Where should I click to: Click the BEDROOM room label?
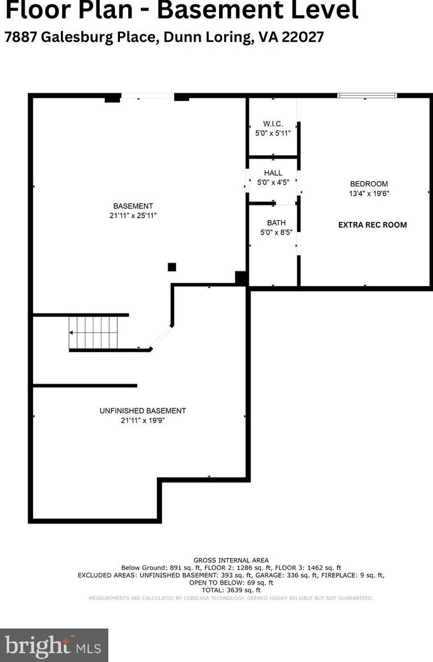[x=368, y=184]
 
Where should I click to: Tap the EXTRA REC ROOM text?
[x=372, y=224]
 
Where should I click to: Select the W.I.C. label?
[x=272, y=124]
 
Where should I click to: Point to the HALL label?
[x=273, y=172]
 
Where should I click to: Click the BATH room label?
[x=276, y=223]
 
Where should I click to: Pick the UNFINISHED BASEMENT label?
[x=143, y=410]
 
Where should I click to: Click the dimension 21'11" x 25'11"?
[x=133, y=216]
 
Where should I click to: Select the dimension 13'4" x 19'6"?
[x=368, y=193]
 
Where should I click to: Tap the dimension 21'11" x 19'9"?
[x=143, y=420]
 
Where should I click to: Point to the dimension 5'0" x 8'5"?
[x=276, y=232]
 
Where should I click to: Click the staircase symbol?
[x=94, y=332]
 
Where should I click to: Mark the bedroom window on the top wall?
[x=367, y=96]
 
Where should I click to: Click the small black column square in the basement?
[x=171, y=267]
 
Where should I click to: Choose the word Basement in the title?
[x=206, y=11]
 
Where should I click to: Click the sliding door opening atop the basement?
[x=147, y=96]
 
